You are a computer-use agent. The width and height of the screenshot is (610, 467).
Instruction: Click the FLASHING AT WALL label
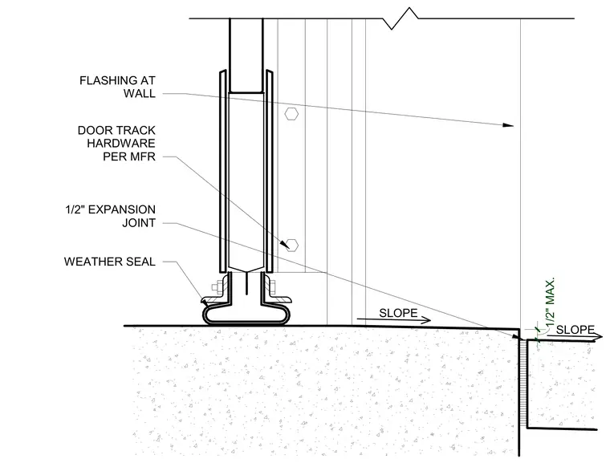(117, 87)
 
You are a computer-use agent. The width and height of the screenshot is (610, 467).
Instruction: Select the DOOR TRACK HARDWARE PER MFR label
(116, 143)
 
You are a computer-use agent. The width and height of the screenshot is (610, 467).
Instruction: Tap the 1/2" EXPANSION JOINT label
(111, 216)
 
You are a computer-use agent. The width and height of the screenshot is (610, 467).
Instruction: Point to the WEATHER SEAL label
(110, 262)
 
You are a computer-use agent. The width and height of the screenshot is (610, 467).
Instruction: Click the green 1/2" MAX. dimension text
(550, 303)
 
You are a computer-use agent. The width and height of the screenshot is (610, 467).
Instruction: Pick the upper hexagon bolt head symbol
(291, 114)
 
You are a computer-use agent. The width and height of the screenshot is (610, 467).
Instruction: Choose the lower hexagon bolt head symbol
(292, 246)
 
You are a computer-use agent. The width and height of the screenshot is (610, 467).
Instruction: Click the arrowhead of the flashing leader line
(508, 125)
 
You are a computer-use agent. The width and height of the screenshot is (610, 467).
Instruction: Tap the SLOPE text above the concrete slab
(398, 313)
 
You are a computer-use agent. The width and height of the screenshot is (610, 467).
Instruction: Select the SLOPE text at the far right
(575, 330)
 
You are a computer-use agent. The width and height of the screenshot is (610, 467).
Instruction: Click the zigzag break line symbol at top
(405, 18)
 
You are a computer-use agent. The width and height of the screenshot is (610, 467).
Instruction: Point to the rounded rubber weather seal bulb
(246, 315)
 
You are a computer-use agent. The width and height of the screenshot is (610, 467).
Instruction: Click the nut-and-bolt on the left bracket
(218, 287)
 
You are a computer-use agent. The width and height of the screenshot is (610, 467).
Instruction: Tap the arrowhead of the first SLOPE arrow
(425, 320)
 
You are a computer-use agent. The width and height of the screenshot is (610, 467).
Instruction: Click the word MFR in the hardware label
(143, 156)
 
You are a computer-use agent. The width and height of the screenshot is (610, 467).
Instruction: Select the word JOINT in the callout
(139, 223)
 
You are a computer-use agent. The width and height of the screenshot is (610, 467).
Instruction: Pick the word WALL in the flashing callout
(140, 94)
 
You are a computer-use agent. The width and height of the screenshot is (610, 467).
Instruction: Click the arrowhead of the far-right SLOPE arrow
(597, 337)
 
